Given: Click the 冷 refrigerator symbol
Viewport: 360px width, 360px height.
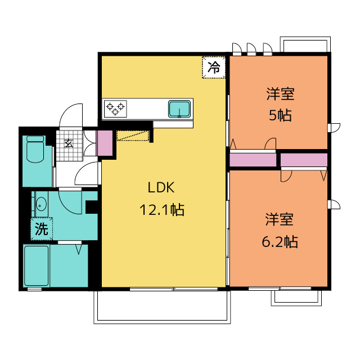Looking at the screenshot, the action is [214, 67].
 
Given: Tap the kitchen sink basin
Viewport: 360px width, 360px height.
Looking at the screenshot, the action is [179, 109].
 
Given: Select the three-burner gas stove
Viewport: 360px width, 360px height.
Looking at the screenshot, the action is [115, 109].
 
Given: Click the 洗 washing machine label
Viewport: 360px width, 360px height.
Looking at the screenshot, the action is [42, 229].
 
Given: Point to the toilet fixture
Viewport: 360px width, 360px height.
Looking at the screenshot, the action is [35, 149].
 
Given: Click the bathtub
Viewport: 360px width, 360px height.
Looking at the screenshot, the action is [37, 266].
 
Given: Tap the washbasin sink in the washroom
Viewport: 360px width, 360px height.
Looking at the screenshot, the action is [41, 204].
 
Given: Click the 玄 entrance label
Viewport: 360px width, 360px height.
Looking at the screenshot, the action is [69, 143].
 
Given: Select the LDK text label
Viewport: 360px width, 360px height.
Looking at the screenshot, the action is [161, 187].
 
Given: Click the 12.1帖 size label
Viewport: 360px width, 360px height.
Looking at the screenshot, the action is [162, 209].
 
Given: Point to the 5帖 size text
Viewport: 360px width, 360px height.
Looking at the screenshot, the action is [280, 115].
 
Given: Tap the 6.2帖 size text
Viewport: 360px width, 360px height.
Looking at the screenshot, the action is [280, 241].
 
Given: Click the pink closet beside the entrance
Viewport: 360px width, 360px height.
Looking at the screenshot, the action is [105, 143].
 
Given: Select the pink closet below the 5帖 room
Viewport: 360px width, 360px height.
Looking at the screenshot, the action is [253, 160].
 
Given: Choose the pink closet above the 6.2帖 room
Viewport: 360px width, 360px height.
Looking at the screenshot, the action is [304, 160].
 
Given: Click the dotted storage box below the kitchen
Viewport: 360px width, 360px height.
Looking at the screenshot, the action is [133, 136].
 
